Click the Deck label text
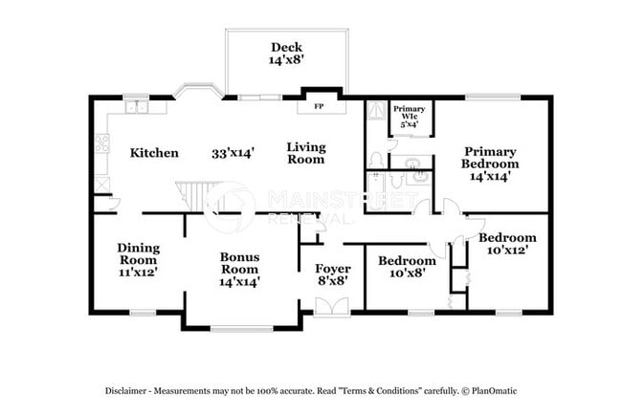click(x=285, y=47)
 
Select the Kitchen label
click(x=153, y=152)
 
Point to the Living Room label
click(x=306, y=153)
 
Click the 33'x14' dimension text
click(x=233, y=152)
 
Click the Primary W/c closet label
click(x=410, y=116)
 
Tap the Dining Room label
click(x=138, y=259)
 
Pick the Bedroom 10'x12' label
click(x=507, y=244)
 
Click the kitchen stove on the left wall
click(x=100, y=145)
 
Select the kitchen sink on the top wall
click(x=141, y=107)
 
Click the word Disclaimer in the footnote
click(x=129, y=391)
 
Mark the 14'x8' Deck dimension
click(x=285, y=60)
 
